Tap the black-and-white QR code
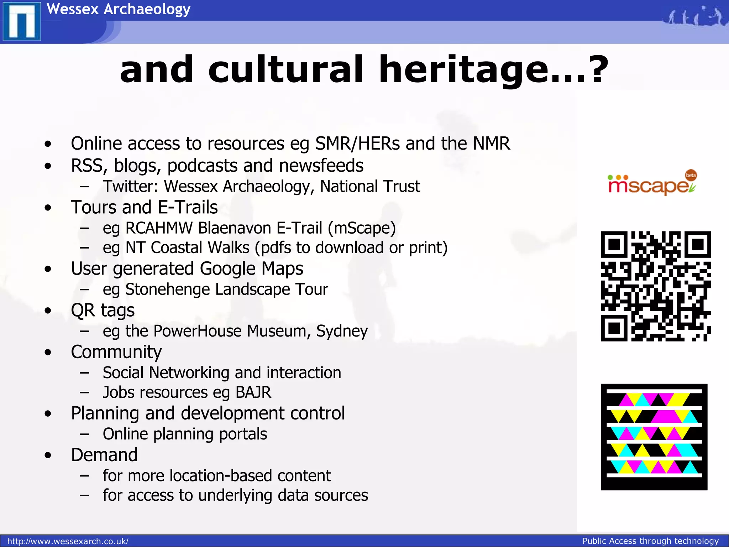(656, 286)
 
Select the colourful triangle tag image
(654, 437)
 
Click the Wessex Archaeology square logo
(22, 21)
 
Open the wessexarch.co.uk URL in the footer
(68, 541)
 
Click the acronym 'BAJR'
(253, 392)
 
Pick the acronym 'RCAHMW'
(159, 228)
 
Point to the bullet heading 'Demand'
(104, 455)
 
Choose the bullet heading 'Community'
(116, 352)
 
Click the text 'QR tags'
(103, 310)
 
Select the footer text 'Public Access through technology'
(650, 541)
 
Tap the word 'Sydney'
(342, 331)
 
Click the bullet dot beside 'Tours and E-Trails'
(48, 208)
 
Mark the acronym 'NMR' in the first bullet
(491, 144)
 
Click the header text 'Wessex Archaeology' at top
(119, 9)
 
